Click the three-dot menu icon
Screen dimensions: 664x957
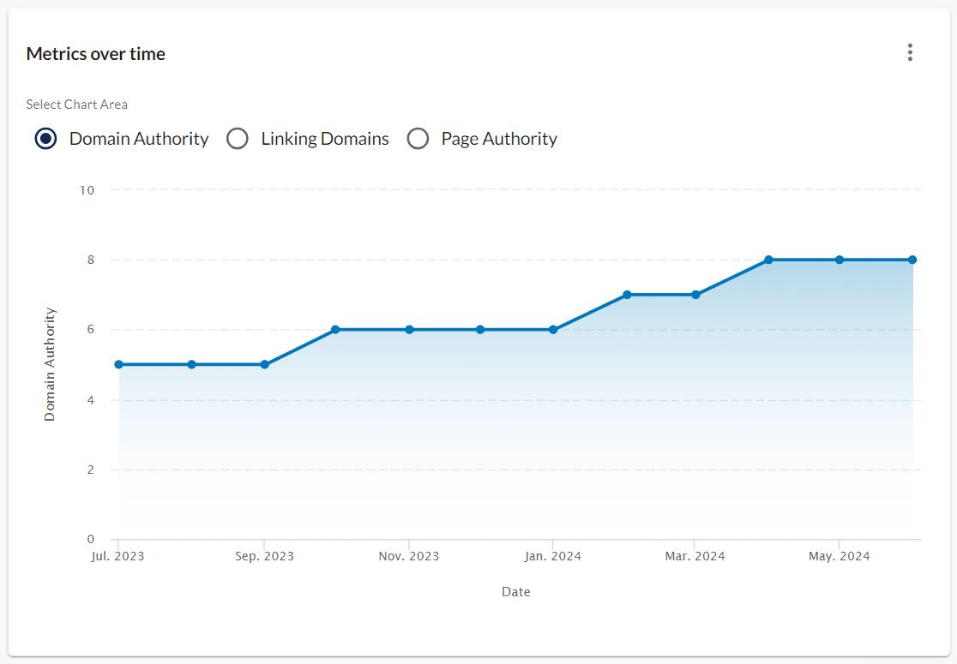click(x=910, y=53)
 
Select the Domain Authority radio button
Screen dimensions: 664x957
click(x=46, y=139)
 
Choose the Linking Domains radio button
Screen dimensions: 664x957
click(x=238, y=139)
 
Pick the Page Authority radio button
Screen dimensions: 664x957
click(x=418, y=139)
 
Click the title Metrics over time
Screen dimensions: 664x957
click(x=96, y=54)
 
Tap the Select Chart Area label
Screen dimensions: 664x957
click(x=77, y=105)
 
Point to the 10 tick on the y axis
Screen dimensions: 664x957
click(x=87, y=189)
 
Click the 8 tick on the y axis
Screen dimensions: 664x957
click(x=90, y=260)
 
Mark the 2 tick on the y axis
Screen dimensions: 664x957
click(x=90, y=470)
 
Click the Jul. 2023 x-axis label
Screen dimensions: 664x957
click(x=117, y=557)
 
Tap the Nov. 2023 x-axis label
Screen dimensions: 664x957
click(x=409, y=557)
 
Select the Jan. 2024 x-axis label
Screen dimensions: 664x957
click(x=553, y=557)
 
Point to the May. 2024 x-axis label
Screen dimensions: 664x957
click(x=840, y=557)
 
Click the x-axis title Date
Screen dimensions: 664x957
click(x=516, y=592)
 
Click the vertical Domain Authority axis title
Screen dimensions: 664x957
click(x=50, y=364)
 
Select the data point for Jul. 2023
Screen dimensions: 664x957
click(x=118, y=364)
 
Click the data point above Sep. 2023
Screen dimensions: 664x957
click(x=264, y=364)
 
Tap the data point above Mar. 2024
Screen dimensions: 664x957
click(x=695, y=295)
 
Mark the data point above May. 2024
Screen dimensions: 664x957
click(x=840, y=260)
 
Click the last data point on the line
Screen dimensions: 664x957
click(x=912, y=260)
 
